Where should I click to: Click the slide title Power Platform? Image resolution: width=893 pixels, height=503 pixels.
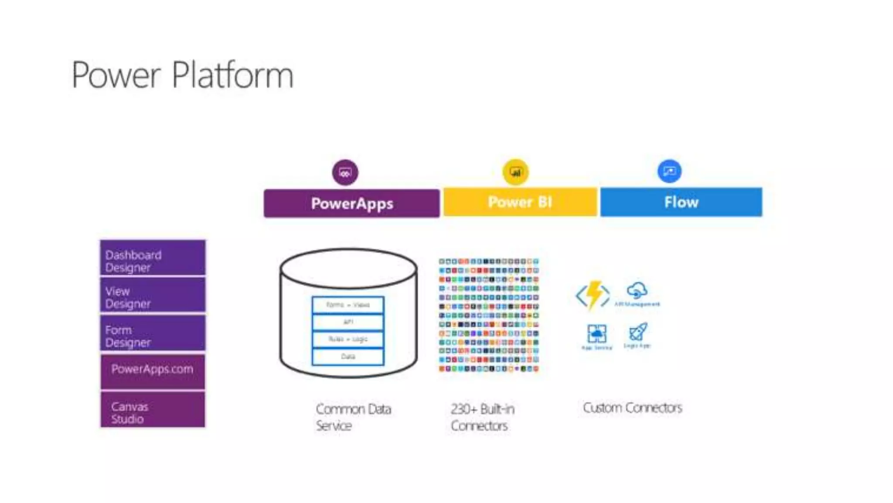pyautogui.click(x=182, y=75)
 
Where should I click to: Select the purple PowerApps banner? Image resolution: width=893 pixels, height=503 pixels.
pyautogui.click(x=351, y=203)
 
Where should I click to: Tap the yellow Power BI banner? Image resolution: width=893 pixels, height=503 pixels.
pyautogui.click(x=520, y=202)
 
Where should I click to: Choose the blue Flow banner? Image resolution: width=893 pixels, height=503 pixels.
pyautogui.click(x=681, y=202)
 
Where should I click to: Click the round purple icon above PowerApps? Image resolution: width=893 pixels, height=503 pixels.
pyautogui.click(x=345, y=172)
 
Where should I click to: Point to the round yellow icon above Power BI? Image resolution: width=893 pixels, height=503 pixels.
pyautogui.click(x=515, y=172)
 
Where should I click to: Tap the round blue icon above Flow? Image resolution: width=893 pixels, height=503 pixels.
pyautogui.click(x=669, y=171)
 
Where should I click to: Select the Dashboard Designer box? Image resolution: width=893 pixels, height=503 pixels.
pyautogui.click(x=153, y=258)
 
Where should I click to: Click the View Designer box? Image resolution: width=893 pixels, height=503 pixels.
pyautogui.click(x=153, y=296)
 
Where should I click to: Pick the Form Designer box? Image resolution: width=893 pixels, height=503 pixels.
pyautogui.click(x=153, y=334)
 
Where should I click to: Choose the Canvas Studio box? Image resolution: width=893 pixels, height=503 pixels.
pyautogui.click(x=153, y=410)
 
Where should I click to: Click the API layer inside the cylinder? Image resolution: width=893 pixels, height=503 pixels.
pyautogui.click(x=348, y=322)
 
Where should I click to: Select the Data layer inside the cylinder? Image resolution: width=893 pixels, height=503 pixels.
pyautogui.click(x=348, y=356)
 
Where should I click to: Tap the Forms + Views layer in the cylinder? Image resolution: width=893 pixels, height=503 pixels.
pyautogui.click(x=348, y=305)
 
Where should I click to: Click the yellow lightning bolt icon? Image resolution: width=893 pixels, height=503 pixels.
pyautogui.click(x=593, y=295)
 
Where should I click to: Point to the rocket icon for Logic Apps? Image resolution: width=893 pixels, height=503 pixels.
pyautogui.click(x=638, y=332)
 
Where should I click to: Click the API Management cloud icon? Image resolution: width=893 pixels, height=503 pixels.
pyautogui.click(x=637, y=290)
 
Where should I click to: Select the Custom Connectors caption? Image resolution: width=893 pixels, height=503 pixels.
pyautogui.click(x=632, y=408)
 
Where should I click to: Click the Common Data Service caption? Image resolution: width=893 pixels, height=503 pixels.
pyautogui.click(x=353, y=417)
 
